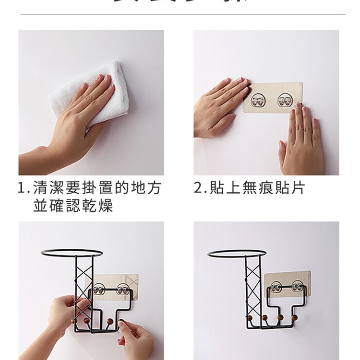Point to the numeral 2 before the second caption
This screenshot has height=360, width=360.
(198, 187)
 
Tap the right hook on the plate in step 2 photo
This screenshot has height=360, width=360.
(285, 100)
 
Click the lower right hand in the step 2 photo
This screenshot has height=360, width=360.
(301, 141)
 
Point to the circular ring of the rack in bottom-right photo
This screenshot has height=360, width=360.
(236, 253)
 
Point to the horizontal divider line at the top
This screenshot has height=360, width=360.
(182, 14)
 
